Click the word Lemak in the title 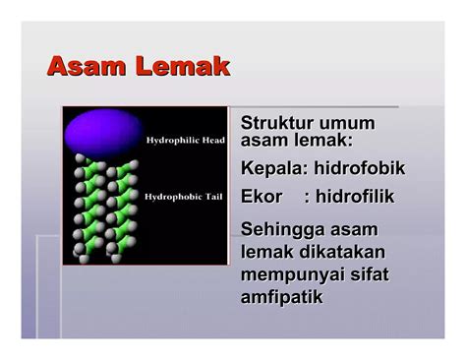coord(184,67)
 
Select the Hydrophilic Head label coord(187,141)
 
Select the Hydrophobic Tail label coord(186,197)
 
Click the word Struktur coord(277,124)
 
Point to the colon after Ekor coord(308,197)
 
